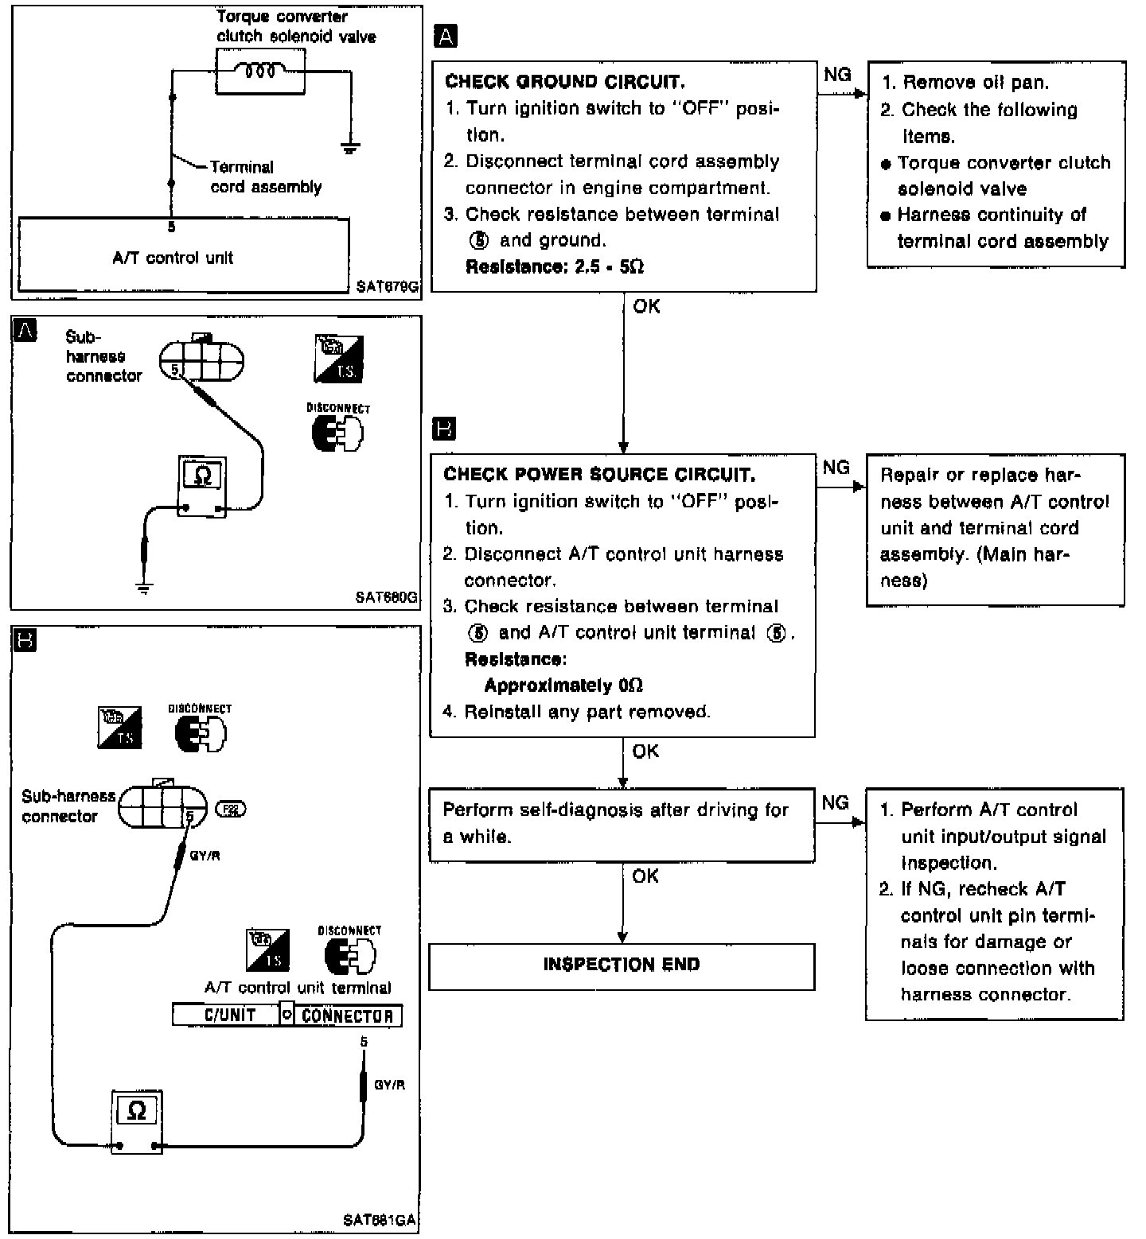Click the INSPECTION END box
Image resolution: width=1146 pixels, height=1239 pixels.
coord(622,965)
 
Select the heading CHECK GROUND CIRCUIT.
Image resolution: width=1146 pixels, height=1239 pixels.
coord(564,82)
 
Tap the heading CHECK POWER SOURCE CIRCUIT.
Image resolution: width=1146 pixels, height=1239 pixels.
coord(599,475)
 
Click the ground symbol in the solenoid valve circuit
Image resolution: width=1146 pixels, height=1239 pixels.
coord(349,147)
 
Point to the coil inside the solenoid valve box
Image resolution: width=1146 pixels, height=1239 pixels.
coord(260,72)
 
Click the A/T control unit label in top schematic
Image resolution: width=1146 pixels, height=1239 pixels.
coord(173,258)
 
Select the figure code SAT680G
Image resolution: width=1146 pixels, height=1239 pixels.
coord(387,597)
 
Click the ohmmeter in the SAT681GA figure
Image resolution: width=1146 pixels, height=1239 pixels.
coord(136,1120)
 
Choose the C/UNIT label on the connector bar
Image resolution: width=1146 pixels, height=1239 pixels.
coord(230,1016)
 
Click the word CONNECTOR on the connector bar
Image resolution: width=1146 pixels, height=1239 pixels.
coord(347,1016)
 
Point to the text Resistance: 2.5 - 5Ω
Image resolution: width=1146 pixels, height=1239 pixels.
coord(555,267)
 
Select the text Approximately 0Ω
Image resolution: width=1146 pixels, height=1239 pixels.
coord(563,686)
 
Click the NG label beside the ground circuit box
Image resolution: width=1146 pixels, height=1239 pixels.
coord(837,75)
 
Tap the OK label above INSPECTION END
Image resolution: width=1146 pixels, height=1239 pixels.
coord(645,876)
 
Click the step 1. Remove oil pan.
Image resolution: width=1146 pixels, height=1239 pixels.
coord(965,83)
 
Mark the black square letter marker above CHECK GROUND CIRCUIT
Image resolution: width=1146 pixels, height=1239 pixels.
coord(446,36)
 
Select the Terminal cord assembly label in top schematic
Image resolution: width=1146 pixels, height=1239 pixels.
coord(265,177)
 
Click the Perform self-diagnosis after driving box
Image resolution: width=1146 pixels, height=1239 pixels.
coord(622,824)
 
